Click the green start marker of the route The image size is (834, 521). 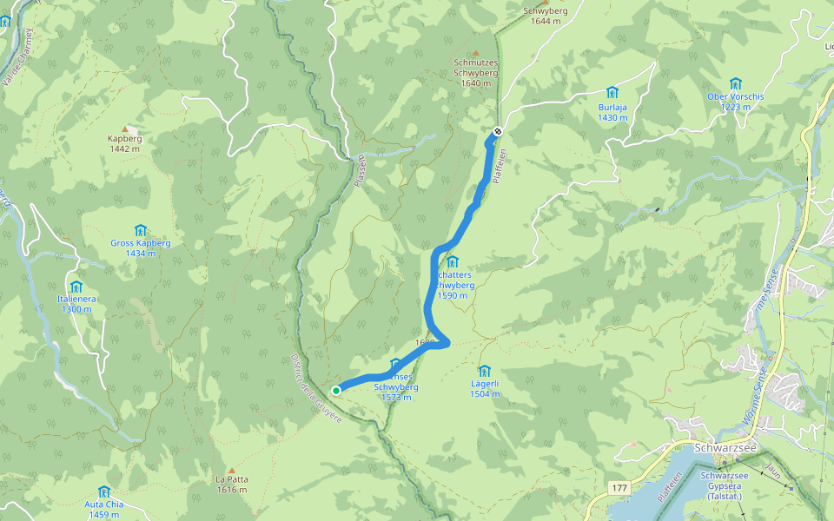click(336, 390)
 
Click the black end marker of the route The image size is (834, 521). click(497, 132)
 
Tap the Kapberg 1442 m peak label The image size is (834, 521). click(124, 143)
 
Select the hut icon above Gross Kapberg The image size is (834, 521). click(140, 230)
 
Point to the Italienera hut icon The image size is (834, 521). click(76, 287)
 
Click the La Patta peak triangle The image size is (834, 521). click(231, 469)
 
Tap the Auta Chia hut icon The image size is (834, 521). click(104, 491)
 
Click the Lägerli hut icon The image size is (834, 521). click(484, 371)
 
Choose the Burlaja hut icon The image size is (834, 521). click(612, 93)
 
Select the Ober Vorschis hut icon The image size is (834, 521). click(736, 84)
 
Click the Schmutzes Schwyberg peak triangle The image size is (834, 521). click(475, 53)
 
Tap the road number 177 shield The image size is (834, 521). click(619, 490)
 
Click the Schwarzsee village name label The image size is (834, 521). click(725, 448)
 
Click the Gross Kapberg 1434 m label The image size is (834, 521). click(140, 248)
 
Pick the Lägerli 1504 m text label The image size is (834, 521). click(485, 388)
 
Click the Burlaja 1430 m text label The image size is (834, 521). click(612, 112)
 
